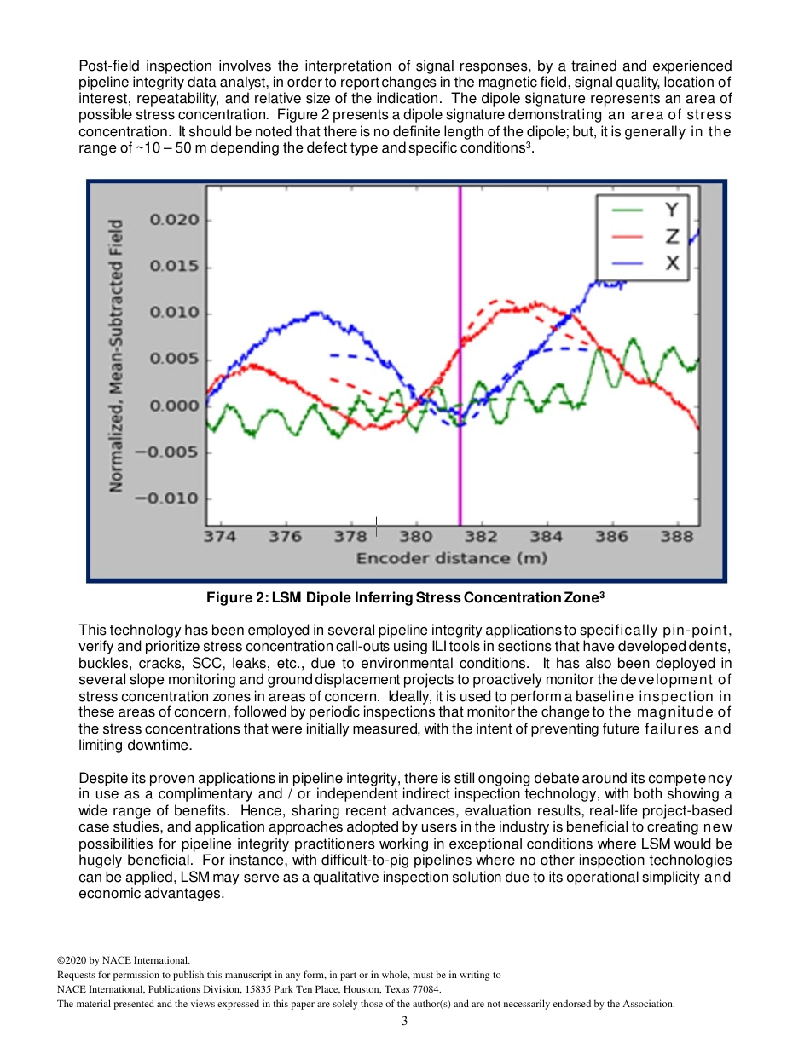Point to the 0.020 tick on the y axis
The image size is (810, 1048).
coord(175,220)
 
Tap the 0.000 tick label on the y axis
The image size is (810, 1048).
coord(175,406)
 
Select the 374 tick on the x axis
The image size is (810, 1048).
coord(220,537)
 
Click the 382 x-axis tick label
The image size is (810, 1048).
coord(481,537)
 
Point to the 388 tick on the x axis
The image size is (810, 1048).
coord(677,537)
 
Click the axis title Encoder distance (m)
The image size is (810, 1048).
coord(451,559)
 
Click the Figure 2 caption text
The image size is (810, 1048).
coord(406,597)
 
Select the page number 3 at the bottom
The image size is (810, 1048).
coord(405,1022)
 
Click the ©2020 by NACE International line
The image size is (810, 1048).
coord(124,959)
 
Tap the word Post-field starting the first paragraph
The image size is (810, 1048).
coord(108,66)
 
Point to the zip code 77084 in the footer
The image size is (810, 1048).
coord(425,989)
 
